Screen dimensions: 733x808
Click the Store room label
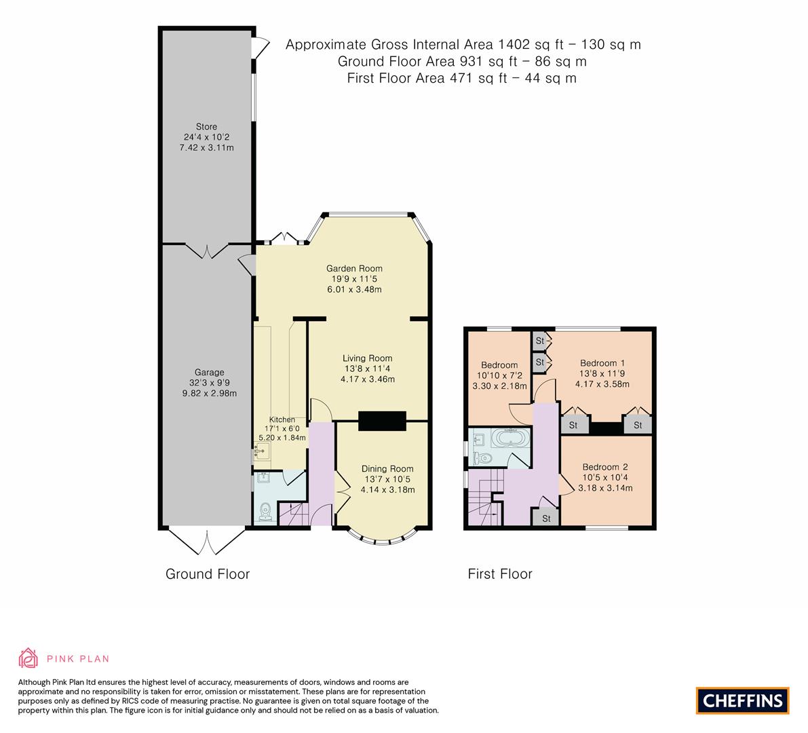(206, 127)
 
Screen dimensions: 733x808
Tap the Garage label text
(210, 373)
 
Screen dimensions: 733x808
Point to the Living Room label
(367, 358)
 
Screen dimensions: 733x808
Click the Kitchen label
(282, 419)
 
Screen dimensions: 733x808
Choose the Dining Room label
(387, 469)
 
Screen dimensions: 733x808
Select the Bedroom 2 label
(605, 467)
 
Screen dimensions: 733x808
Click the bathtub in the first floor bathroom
(509, 438)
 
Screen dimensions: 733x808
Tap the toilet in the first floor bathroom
(483, 458)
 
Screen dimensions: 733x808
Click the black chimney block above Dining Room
(382, 421)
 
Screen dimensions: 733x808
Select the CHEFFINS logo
(742, 700)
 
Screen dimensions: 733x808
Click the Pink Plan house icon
(28, 658)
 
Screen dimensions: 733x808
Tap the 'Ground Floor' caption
(208, 574)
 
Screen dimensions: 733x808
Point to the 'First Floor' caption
(500, 574)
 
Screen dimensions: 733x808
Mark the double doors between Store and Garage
(207, 250)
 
